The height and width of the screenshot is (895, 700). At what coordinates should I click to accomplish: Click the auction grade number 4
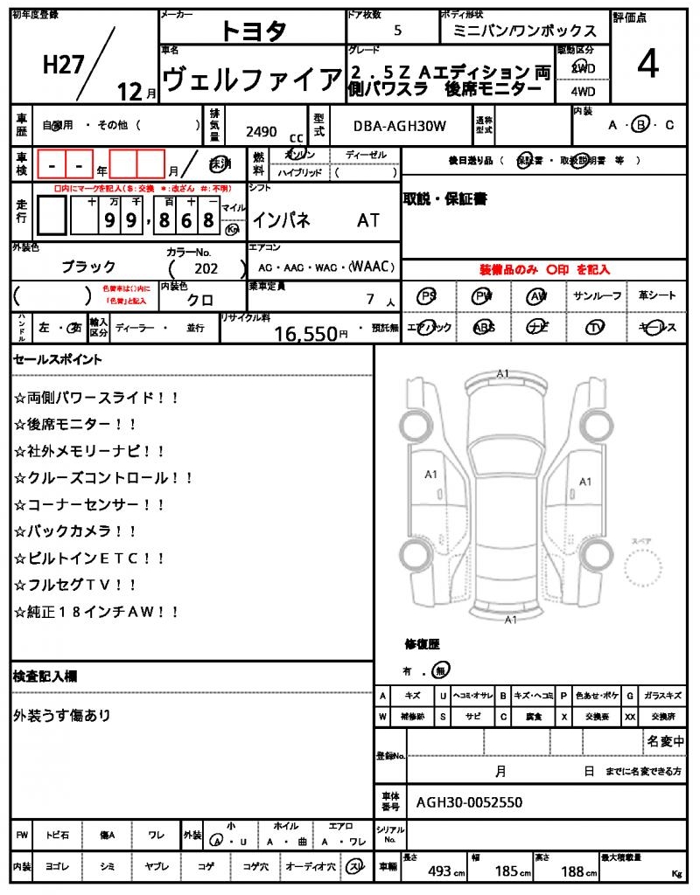coord(647,66)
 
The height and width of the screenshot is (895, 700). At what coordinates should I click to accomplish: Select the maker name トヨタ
coord(253,31)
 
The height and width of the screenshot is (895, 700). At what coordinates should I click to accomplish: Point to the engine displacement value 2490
coord(262,132)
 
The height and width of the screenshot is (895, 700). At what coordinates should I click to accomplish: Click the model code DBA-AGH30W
coord(400,126)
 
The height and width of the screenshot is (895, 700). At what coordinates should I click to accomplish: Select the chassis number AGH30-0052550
coord(470,801)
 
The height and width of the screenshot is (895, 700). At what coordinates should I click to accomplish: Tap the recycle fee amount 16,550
coord(305,333)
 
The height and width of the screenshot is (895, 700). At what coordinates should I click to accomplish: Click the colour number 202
coord(206,269)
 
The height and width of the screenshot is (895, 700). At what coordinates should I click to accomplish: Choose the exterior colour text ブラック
coord(88,267)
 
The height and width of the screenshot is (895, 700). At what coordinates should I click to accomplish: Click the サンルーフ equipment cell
coord(598,296)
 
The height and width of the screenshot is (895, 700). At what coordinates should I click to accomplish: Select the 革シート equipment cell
coord(656,296)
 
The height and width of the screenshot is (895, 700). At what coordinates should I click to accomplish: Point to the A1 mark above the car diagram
coord(502,373)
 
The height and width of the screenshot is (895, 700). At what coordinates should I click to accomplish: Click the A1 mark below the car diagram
coord(510,620)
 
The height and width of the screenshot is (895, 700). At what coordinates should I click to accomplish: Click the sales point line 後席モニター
coord(75,424)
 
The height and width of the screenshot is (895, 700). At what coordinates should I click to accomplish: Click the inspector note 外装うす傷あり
coord(62,716)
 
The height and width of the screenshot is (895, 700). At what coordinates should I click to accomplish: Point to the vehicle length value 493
coord(439,871)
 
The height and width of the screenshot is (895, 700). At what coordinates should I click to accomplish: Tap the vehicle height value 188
coord(574,871)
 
